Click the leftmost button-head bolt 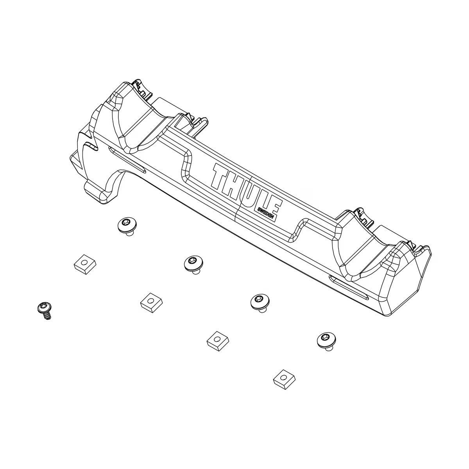(x=127, y=226)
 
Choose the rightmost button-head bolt (x=326, y=340)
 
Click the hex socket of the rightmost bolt (x=325, y=337)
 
